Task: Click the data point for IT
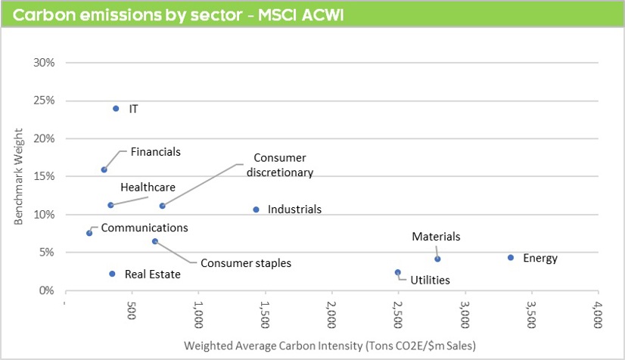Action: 116,108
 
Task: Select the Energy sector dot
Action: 511,258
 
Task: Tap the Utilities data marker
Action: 398,272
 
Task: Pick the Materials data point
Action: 437,259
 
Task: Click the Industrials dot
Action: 256,209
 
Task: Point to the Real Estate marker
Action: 112,274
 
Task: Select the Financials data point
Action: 104,169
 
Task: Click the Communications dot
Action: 89,233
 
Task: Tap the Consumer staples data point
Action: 155,241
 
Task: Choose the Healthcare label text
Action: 148,187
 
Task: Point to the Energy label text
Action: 540,259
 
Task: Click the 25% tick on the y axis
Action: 45,101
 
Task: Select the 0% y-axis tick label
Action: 48,290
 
